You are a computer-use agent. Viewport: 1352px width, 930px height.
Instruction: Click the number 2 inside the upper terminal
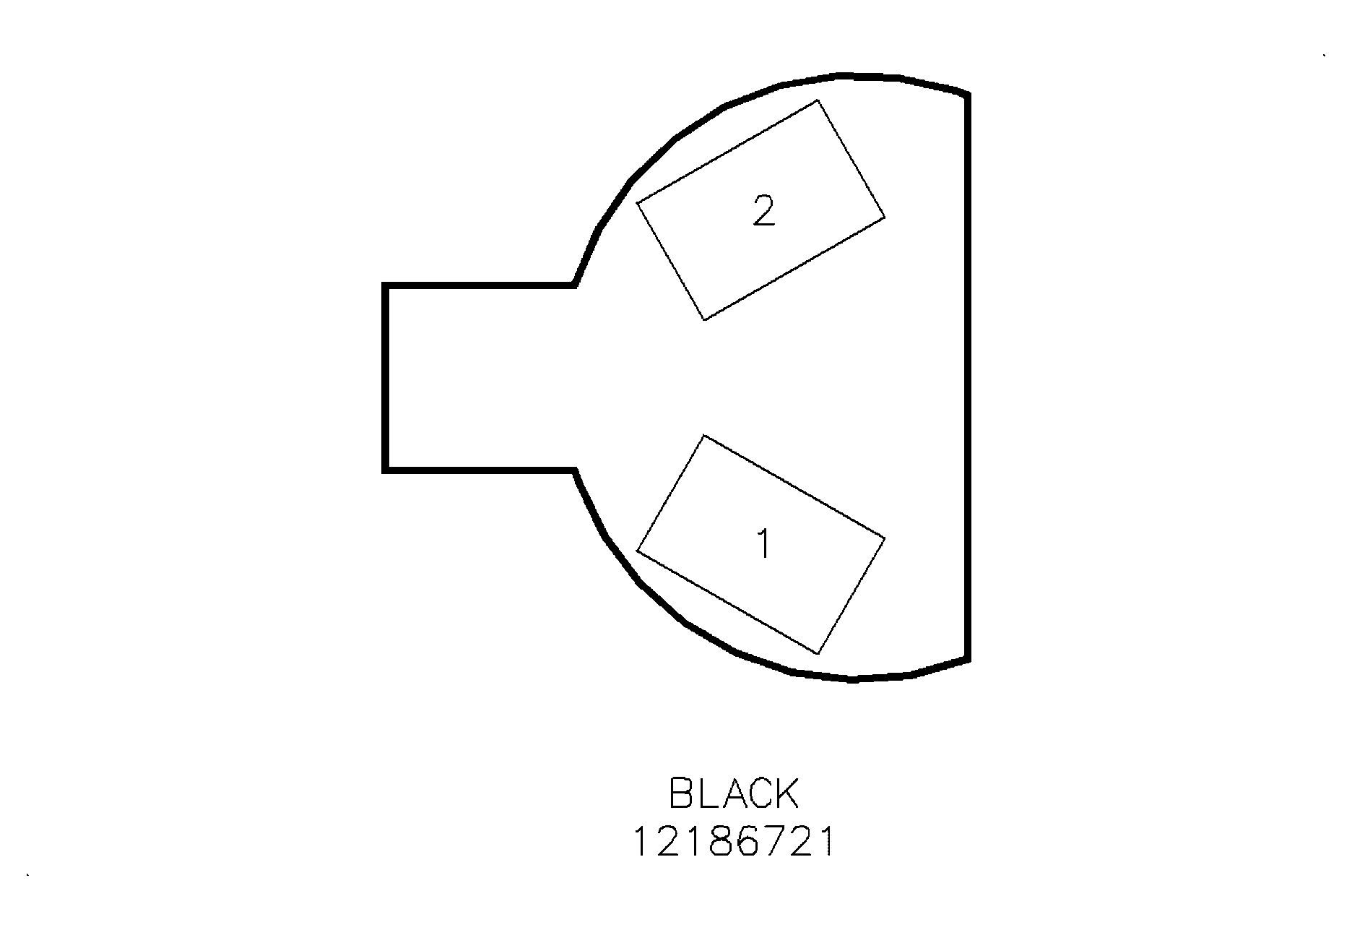pos(763,210)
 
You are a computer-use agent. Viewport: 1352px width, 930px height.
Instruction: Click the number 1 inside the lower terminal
pos(763,543)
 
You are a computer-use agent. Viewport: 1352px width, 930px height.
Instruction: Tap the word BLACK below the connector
pos(734,793)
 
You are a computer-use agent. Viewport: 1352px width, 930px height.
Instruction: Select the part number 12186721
pos(734,842)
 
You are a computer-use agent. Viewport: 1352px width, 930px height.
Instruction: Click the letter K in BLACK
pos(786,793)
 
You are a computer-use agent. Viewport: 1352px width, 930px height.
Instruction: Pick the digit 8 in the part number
pos(721,842)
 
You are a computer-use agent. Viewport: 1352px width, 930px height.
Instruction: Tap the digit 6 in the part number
pos(747,842)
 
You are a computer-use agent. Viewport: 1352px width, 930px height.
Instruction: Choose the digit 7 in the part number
pos(773,842)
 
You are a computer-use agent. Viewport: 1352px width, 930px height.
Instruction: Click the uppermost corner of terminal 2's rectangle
pos(818,100)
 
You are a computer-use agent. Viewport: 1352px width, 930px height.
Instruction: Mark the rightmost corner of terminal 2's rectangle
pos(884,216)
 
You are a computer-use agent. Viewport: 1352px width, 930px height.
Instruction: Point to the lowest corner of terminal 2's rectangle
pos(704,319)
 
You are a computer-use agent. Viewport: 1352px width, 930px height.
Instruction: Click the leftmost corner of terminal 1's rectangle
pos(637,551)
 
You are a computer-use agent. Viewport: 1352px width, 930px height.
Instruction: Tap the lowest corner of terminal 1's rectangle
pos(818,654)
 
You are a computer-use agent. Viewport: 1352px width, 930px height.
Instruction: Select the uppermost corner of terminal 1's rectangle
pos(704,436)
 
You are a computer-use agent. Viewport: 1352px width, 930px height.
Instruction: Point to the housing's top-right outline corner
pos(966,94)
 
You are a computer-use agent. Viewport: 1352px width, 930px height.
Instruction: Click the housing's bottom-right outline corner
pos(966,658)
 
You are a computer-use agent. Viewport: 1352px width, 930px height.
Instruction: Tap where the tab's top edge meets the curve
pos(574,285)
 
